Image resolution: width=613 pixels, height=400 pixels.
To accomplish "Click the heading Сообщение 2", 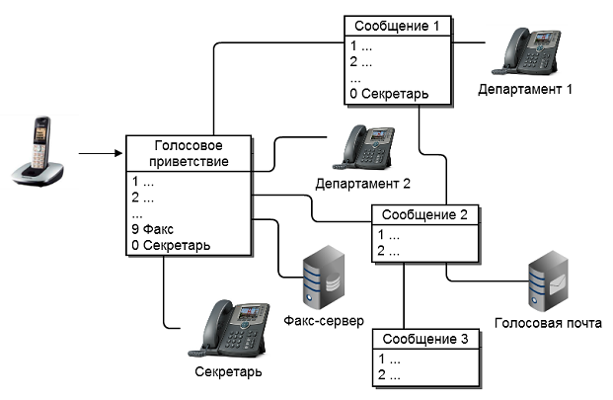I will (x=425, y=215).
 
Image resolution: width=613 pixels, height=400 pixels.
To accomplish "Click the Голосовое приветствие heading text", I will (x=186, y=153).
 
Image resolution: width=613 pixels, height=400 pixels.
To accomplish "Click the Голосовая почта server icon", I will (x=549, y=282).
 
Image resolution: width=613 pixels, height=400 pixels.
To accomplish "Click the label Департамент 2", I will (x=362, y=184).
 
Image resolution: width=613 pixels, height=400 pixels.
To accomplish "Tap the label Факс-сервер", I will (x=323, y=322).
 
